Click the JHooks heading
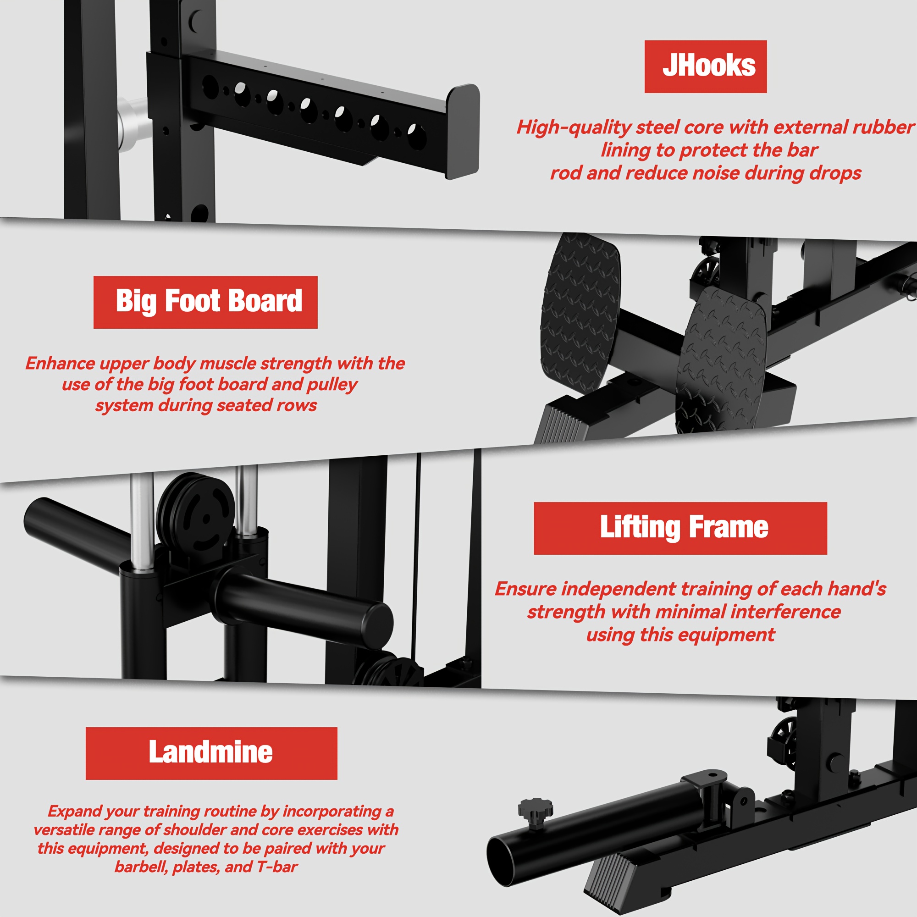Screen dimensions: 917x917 click(709, 66)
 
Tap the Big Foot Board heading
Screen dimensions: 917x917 click(209, 301)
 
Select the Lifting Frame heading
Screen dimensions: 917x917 click(684, 527)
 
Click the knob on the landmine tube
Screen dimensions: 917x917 click(536, 812)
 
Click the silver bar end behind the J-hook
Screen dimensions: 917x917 click(133, 123)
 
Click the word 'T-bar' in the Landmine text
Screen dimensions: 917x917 click(277, 867)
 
